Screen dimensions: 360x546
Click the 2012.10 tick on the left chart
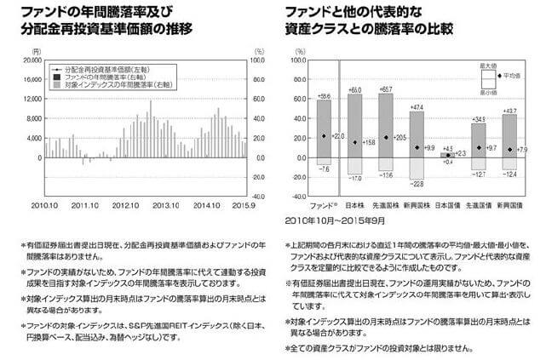(125, 205)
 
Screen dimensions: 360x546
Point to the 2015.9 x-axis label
(244, 205)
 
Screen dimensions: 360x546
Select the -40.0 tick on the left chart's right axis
(261, 196)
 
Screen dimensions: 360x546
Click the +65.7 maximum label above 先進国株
(385, 89)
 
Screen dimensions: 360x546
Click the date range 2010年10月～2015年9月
(331, 219)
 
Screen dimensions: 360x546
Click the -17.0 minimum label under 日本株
(354, 178)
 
